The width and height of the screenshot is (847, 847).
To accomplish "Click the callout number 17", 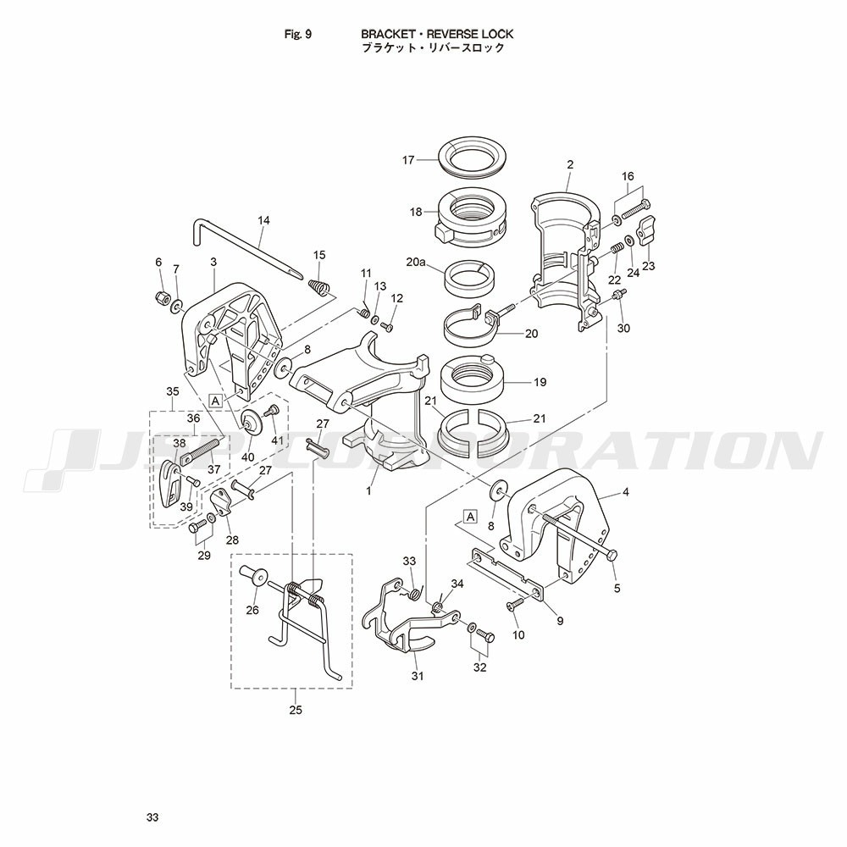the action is pyautogui.click(x=408, y=160).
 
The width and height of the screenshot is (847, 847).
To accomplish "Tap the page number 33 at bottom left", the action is pyautogui.click(x=152, y=817).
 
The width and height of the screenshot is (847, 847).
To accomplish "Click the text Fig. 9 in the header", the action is pyautogui.click(x=297, y=34).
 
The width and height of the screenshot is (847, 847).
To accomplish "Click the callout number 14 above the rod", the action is pyautogui.click(x=263, y=220).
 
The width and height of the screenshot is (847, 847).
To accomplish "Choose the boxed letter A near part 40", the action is pyautogui.click(x=215, y=401).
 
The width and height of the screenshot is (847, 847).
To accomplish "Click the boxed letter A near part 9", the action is pyautogui.click(x=471, y=517).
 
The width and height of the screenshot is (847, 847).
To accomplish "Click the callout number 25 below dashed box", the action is pyautogui.click(x=296, y=710).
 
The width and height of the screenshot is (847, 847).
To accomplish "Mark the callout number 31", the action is pyautogui.click(x=418, y=675).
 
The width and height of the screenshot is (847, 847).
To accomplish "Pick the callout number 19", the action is pyautogui.click(x=540, y=383).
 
